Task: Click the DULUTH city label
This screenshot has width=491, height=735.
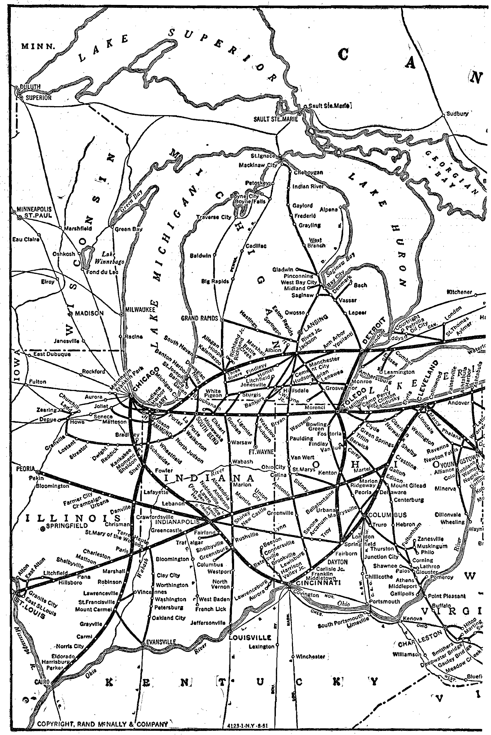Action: click(x=30, y=87)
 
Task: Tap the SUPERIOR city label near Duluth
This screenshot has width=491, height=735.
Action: click(x=39, y=97)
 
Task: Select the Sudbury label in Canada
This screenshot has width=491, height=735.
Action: click(x=457, y=114)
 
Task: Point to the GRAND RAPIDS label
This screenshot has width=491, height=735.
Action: click(x=199, y=318)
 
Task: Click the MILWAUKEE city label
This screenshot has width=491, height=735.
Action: click(x=140, y=310)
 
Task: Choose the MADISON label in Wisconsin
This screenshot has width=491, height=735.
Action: click(x=89, y=313)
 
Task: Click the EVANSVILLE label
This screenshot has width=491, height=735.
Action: click(x=161, y=642)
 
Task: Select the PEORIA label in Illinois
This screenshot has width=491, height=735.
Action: click(x=25, y=469)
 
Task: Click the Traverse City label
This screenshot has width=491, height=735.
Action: click(x=213, y=217)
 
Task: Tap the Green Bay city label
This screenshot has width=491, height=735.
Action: click(x=128, y=229)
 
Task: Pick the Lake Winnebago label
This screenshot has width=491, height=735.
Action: click(x=110, y=258)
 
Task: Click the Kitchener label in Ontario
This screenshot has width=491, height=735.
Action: click(x=459, y=292)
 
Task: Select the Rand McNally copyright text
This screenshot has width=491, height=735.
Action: click(x=102, y=724)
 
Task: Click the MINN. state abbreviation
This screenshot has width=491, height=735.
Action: click(x=38, y=47)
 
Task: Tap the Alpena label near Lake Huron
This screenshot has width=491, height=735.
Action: click(x=329, y=209)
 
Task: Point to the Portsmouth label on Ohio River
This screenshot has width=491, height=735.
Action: click(x=384, y=601)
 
